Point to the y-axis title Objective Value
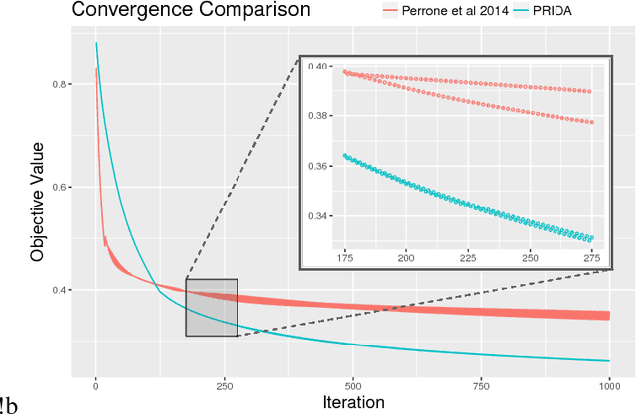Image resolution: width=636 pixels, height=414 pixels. [37, 200]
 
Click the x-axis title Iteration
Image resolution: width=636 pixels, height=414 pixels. [353, 402]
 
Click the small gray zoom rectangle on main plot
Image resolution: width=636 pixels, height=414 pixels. [211, 308]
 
